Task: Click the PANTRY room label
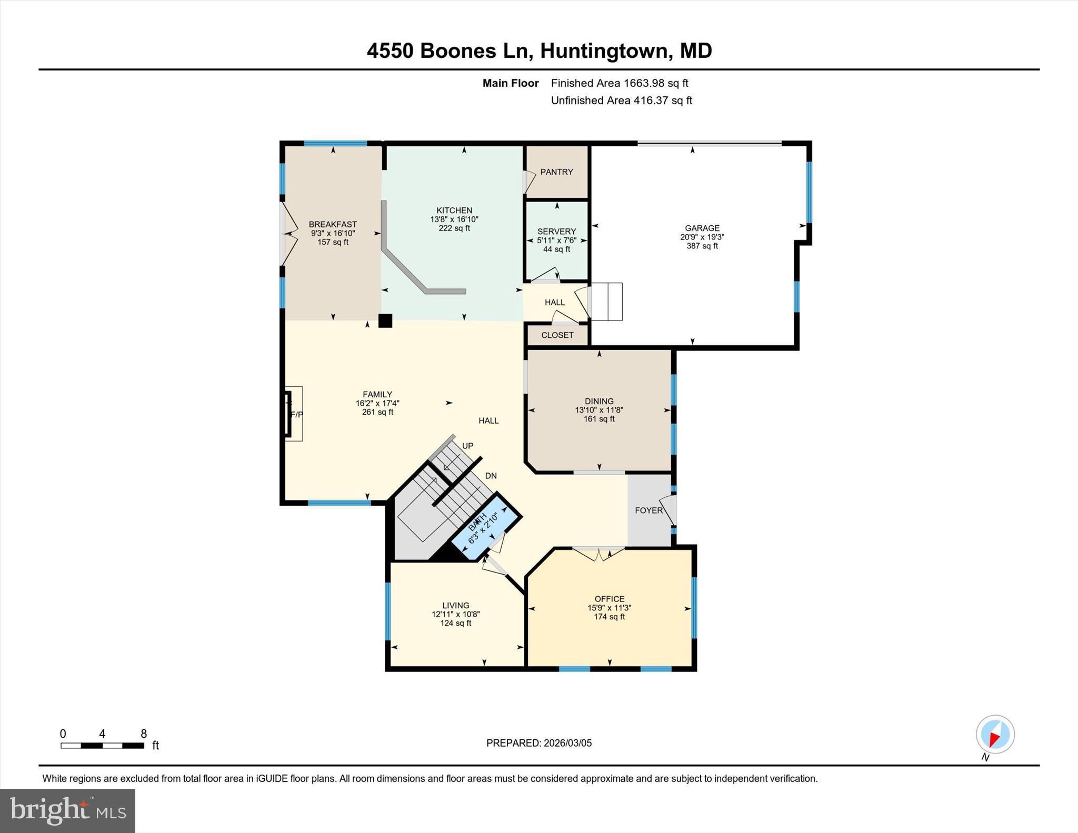pos(556,172)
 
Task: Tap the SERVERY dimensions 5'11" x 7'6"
pos(556,240)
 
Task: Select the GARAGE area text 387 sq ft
pos(702,246)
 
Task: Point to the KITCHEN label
pos(454,210)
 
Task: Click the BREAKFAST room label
pos(333,224)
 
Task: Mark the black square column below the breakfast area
pos(385,320)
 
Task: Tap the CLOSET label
pos(557,335)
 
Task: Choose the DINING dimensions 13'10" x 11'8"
pos(599,410)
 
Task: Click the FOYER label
pos(648,510)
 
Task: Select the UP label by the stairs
pos(467,446)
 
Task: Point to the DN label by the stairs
pos(491,476)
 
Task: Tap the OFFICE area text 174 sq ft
pos(609,617)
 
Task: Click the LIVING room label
pos(455,606)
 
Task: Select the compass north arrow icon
pos(995,735)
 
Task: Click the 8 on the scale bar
pos(144,734)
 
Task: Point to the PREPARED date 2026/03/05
pos(567,743)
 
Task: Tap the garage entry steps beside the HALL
pos(607,302)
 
